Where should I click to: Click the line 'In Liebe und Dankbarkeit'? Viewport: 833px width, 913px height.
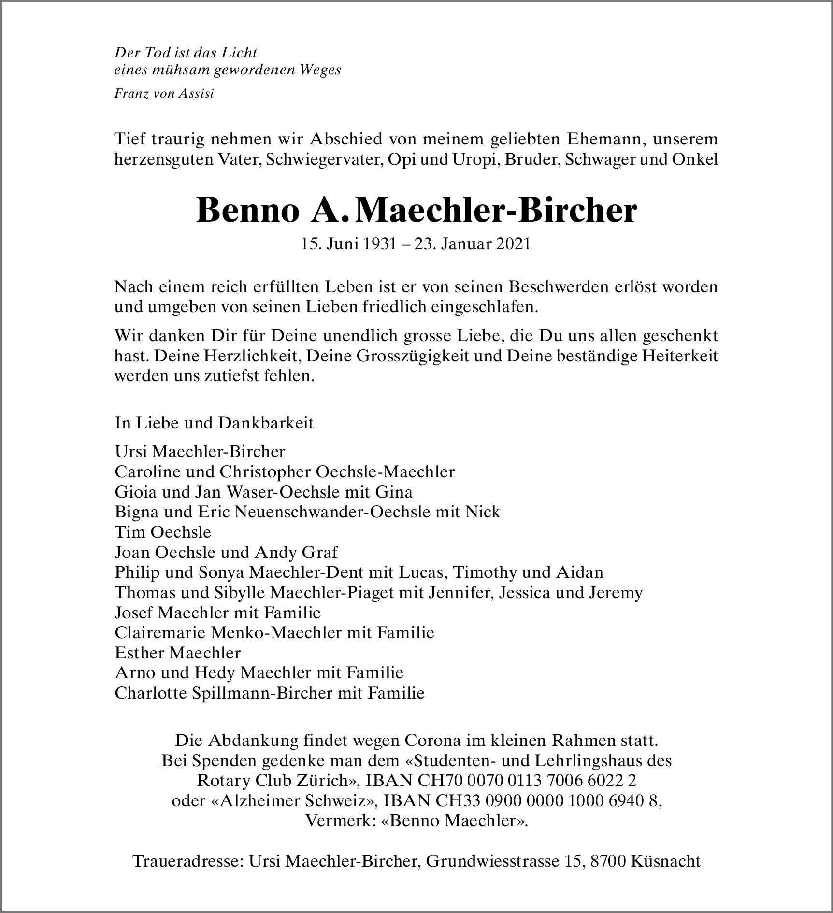click(214, 423)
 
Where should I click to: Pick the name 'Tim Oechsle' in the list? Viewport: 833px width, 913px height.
click(163, 532)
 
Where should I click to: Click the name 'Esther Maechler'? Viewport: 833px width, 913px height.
click(177, 653)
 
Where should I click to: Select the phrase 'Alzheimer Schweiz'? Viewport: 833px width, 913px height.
click(294, 801)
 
